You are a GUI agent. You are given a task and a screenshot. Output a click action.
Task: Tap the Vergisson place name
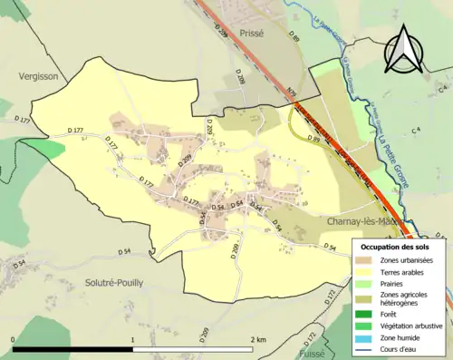[x=38, y=77]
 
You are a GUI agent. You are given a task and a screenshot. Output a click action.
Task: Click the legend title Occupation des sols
[x=401, y=247]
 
